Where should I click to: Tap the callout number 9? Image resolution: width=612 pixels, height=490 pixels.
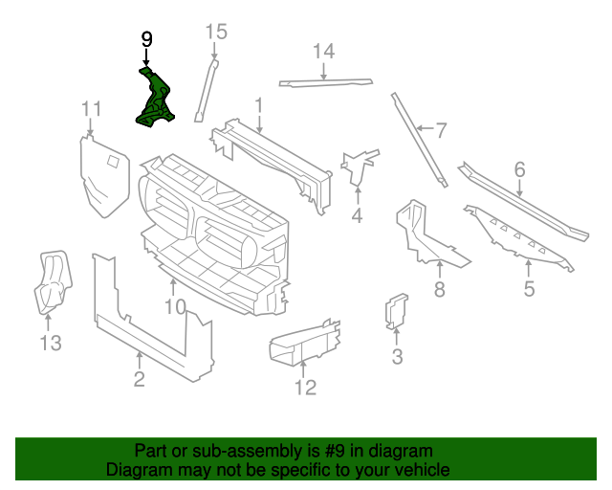(146, 39)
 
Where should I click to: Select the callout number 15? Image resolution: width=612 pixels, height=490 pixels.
(217, 33)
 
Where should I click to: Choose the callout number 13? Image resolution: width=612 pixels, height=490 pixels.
(50, 342)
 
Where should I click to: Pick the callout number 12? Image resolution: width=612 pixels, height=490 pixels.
(305, 387)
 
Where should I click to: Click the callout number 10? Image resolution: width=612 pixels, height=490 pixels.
(174, 306)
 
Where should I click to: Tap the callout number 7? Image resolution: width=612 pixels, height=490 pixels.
(441, 130)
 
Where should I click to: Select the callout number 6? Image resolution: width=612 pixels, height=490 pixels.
(519, 169)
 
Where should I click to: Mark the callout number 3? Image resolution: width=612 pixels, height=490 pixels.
(397, 357)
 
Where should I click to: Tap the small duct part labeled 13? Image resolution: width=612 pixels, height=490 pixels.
(51, 282)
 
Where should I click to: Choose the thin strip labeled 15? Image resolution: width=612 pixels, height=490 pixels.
(206, 90)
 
